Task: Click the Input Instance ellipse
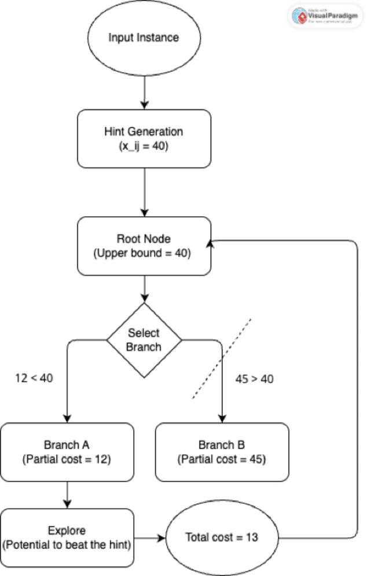pos(144,38)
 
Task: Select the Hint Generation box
pos(144,138)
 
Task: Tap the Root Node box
pos(144,246)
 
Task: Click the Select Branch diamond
pos(144,341)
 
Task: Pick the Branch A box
pos(67,452)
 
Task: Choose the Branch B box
pos(222,452)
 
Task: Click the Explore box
pos(67,537)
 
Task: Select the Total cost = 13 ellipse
pos(222,537)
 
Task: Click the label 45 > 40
pos(254,380)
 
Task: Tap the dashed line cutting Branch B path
pos(222,358)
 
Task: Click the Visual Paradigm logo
pos(326,16)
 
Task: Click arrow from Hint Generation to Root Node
pos(144,192)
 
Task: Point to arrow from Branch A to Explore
pos(67,495)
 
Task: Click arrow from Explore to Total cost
pos(149,538)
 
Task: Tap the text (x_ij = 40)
pos(144,147)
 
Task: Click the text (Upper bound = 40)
pos(144,253)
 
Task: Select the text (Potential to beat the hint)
pos(67,545)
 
